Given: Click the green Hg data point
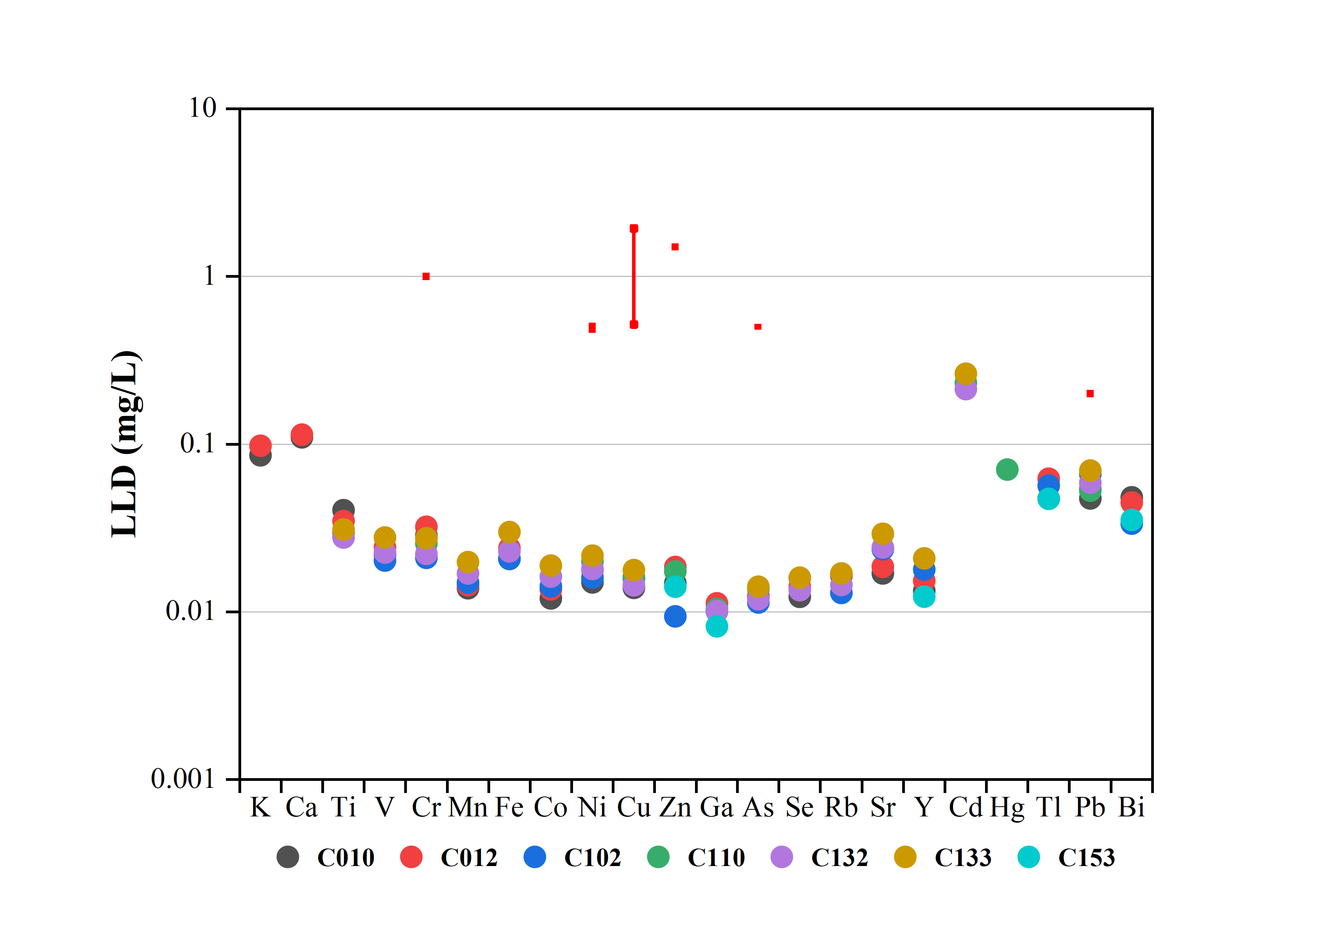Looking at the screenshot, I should tap(1007, 469).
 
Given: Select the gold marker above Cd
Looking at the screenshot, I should tap(965, 373).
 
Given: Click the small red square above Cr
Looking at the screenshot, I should tap(426, 277).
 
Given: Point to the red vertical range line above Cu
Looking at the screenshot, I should tap(634, 277).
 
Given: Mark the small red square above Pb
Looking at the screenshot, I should tap(1090, 394).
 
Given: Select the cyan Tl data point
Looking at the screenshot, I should tap(1048, 499).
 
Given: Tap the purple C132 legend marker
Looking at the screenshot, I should tap(781, 857).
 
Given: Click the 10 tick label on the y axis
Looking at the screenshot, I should tap(202, 108).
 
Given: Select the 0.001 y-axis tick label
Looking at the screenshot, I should tap(183, 779).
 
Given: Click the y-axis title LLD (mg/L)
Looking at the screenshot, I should tap(126, 444).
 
